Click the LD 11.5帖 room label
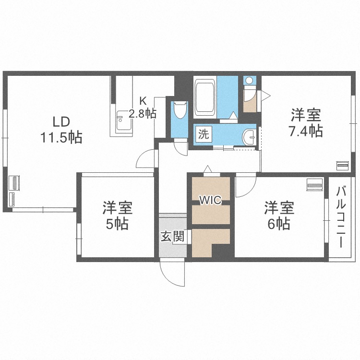[x=61, y=130]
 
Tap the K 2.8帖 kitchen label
[x=143, y=108]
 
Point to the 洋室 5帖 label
[x=117, y=216]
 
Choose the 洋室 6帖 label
[x=279, y=216]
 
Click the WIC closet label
[x=211, y=200]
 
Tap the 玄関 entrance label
[x=172, y=237]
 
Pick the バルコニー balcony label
[x=340, y=217]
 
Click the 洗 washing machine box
[x=204, y=133]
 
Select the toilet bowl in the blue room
[x=180, y=110]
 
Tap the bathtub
[x=205, y=98]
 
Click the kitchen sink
[x=124, y=121]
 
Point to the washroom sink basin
[x=249, y=137]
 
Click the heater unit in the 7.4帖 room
[x=343, y=166]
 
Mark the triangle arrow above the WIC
[x=208, y=169]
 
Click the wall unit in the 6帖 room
[x=314, y=184]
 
